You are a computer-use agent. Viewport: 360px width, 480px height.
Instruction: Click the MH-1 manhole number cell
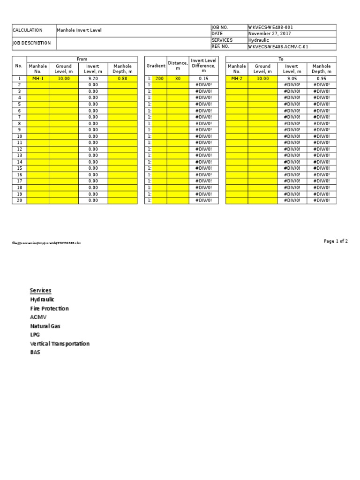[x=38, y=79]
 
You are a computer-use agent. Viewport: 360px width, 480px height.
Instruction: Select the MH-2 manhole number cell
[x=237, y=79]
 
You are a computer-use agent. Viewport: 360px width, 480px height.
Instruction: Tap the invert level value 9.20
[x=93, y=79]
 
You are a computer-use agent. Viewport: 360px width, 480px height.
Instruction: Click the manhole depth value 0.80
[x=122, y=79]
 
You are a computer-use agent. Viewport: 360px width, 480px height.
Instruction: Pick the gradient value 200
[x=159, y=79]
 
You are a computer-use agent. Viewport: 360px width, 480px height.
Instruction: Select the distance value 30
[x=178, y=79]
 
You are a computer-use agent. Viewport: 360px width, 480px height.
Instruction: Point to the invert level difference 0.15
[x=203, y=79]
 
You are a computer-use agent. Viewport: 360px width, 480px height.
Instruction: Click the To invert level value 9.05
[x=292, y=79]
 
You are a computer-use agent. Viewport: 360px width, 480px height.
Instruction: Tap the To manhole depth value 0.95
[x=322, y=79]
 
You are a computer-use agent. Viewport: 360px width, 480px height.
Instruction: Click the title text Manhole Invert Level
[x=79, y=30]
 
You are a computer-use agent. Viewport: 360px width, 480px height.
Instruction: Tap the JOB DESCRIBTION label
[x=31, y=43]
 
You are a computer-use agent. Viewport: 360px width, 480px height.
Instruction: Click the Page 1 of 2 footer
[x=336, y=241]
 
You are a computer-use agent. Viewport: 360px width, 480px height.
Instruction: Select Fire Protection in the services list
[x=49, y=308]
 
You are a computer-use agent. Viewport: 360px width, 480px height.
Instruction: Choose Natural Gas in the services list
[x=45, y=326]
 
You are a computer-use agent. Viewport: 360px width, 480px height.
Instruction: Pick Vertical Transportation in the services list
[x=60, y=344]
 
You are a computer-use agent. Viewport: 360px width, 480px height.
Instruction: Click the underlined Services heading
[x=40, y=291]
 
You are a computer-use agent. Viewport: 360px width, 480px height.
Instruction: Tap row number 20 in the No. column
[x=19, y=200]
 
